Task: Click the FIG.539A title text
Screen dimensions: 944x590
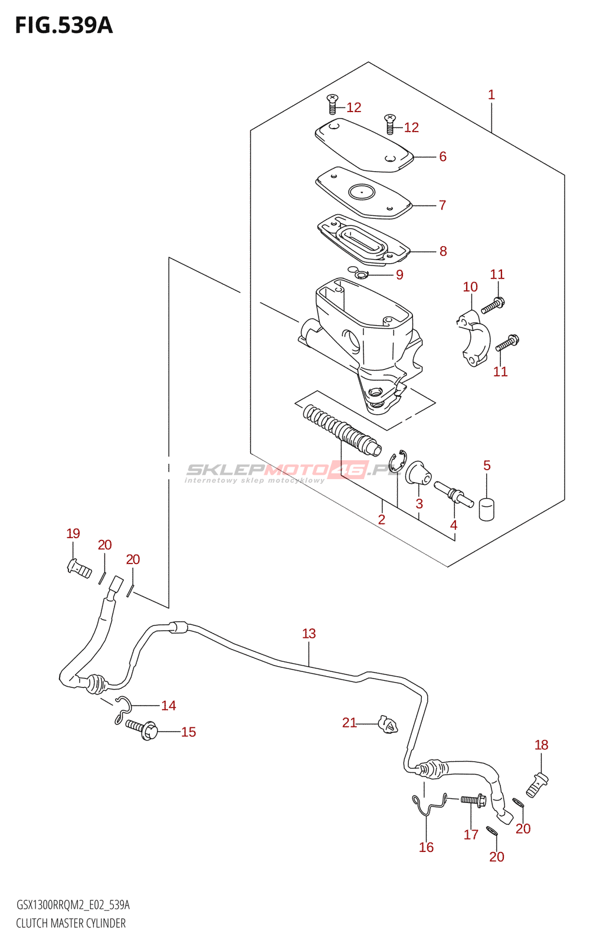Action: [x=64, y=26]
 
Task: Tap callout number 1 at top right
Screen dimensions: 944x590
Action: [x=491, y=95]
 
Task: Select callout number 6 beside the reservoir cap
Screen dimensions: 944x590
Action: [x=442, y=157]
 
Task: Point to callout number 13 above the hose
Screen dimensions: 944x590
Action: [x=309, y=634]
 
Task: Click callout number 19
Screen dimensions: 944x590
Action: [x=73, y=534]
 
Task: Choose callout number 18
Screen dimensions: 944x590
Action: [x=541, y=745]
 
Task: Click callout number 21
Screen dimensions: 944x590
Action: [x=349, y=723]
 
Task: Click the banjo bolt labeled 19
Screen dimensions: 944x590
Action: [x=79, y=569]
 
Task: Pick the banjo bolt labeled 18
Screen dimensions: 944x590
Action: [x=537, y=784]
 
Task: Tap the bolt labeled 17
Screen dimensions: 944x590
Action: [x=472, y=801]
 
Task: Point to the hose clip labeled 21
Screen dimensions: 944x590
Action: [x=388, y=725]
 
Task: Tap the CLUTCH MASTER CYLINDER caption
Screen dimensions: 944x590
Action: [x=71, y=923]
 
